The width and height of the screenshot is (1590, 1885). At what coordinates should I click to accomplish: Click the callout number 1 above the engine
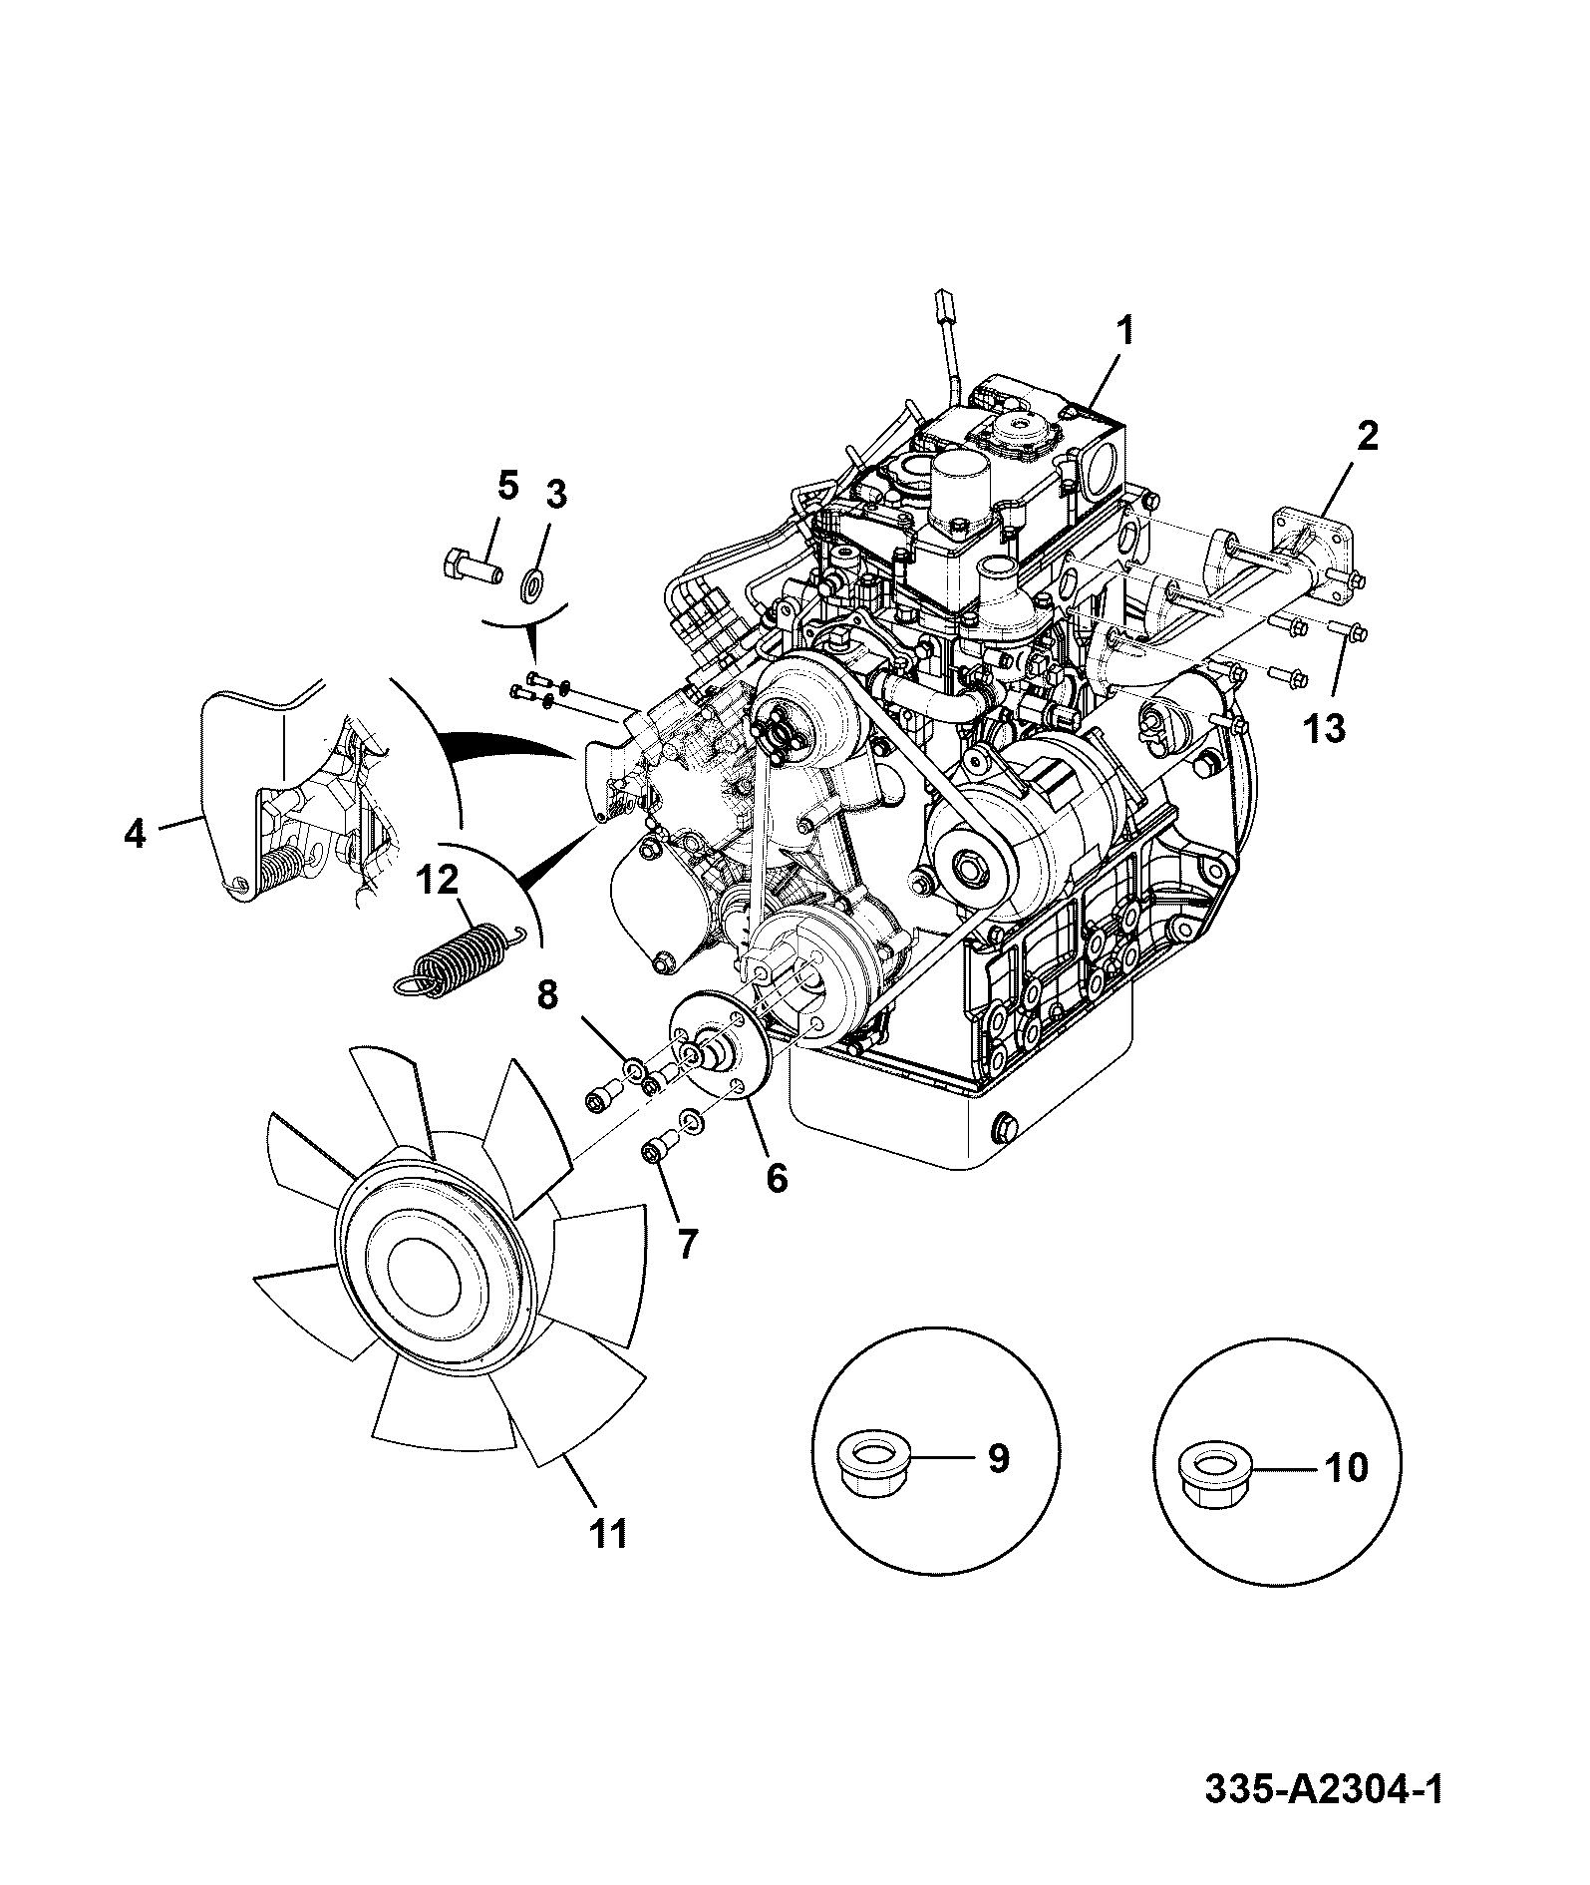1123,331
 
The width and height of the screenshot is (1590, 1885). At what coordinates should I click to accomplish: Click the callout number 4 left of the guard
135,832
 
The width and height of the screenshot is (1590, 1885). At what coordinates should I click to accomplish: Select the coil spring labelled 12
458,960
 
